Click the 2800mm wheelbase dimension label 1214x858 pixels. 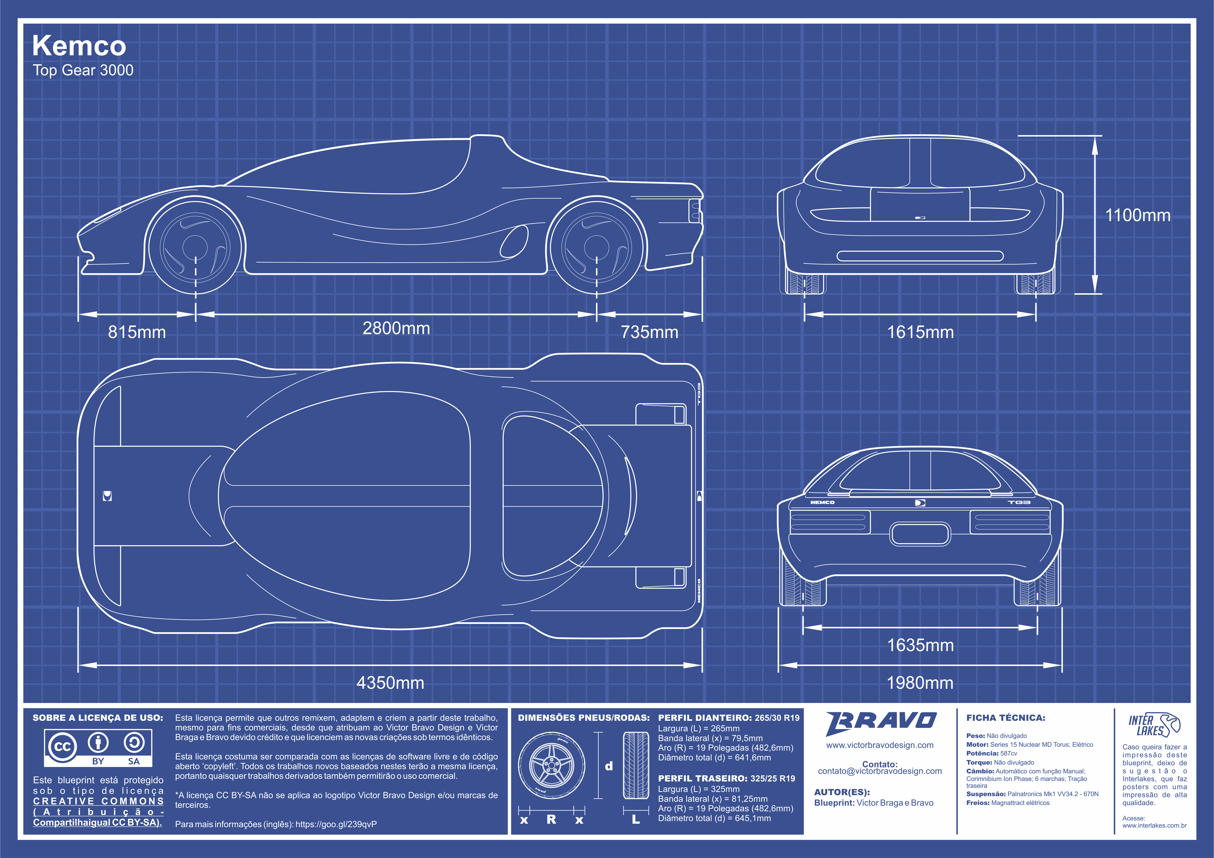click(x=396, y=328)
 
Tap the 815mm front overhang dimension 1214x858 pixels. click(x=137, y=332)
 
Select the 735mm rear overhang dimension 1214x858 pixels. click(x=649, y=332)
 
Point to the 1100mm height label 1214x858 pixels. click(x=1138, y=215)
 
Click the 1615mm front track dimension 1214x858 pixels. click(x=921, y=332)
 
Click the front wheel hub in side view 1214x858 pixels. click(x=195, y=246)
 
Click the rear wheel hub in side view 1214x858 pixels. click(x=596, y=246)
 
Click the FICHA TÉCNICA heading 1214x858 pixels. click(x=1006, y=718)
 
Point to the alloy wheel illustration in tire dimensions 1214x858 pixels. click(x=551, y=766)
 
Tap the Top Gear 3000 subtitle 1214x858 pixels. click(x=83, y=70)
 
